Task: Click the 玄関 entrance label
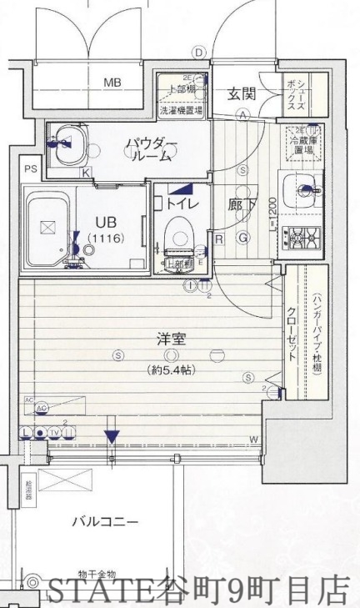coord(242,93)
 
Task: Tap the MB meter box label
coord(112,83)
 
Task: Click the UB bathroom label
coord(105,223)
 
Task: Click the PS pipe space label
coord(31,170)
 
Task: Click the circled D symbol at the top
coord(198,52)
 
